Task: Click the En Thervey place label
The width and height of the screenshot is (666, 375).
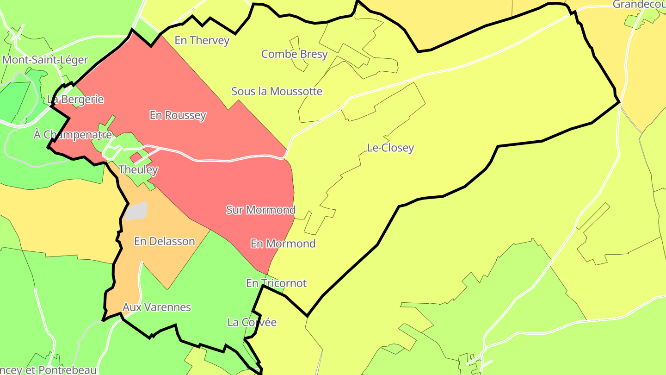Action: coord(202,40)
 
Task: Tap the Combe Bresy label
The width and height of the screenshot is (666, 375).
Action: coord(294,54)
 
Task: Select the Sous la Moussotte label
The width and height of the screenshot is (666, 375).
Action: coord(277,91)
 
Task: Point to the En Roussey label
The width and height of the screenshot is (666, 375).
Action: coord(178,115)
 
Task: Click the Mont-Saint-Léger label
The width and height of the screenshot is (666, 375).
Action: coord(45,60)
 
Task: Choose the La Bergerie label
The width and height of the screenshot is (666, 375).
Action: coord(75,100)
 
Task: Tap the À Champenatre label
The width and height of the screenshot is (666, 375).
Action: coord(73,135)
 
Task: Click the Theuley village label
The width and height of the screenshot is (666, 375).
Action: coord(138,169)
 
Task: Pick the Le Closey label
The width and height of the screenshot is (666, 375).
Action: coord(390,148)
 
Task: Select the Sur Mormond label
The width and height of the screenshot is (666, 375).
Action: coord(260,210)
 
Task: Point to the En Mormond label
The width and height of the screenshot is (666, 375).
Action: coord(283,244)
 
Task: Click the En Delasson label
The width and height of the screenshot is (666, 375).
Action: coord(164,241)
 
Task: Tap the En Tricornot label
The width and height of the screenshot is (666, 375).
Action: coord(276,283)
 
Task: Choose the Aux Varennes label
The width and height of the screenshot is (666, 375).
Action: coord(156,307)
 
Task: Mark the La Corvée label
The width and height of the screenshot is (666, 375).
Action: coord(252,322)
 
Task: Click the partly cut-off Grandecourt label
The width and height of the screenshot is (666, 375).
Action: coord(639,5)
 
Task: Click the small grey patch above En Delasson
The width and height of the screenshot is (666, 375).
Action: coord(137,211)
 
